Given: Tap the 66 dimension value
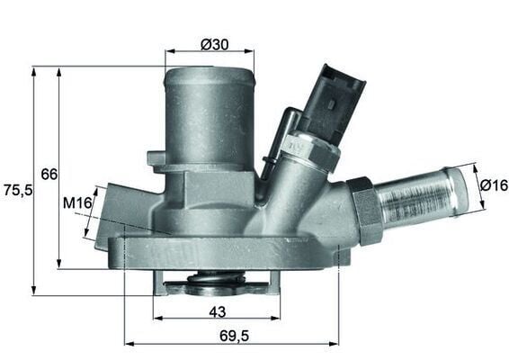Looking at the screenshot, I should pos(49,174).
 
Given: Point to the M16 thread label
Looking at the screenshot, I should pos(78,204).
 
